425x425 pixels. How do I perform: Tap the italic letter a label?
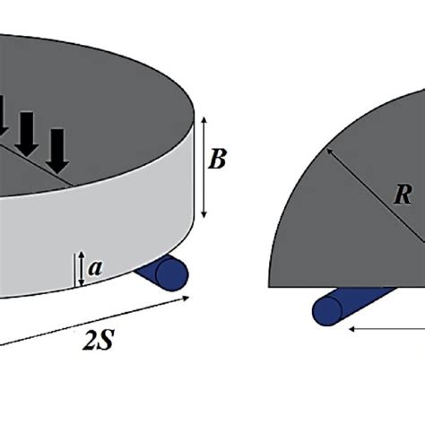pos(98,267)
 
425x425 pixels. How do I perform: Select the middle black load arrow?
pos(27,133)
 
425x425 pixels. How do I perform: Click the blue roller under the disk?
pos(165,273)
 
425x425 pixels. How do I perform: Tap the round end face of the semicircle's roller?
pos(326,310)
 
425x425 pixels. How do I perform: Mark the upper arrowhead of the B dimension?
pos(206,119)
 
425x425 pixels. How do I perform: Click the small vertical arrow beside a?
pos(82,268)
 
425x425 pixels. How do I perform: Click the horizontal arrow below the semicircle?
pos(386,328)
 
